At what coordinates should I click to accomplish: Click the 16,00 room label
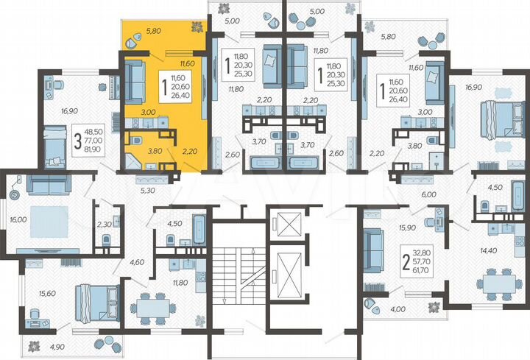[x=19, y=219]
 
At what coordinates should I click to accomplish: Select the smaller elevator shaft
[x=283, y=220]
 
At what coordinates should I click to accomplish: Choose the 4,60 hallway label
[x=137, y=261]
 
